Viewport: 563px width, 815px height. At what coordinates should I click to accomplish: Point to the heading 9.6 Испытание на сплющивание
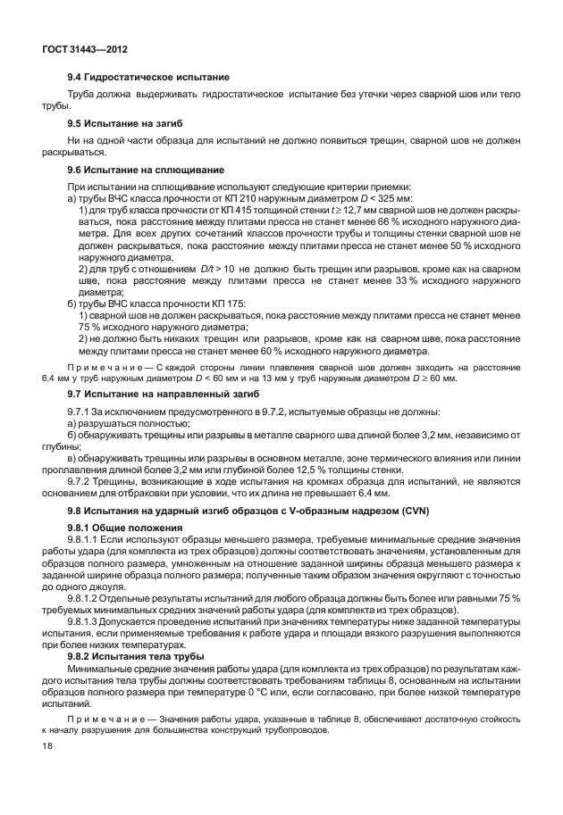click(x=139, y=170)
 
